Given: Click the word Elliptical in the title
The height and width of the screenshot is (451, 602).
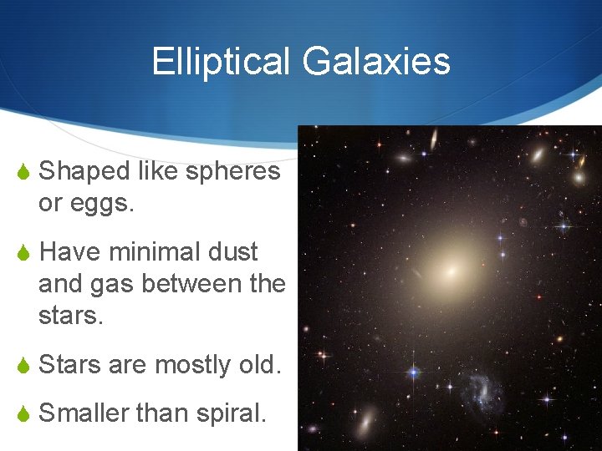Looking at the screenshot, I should [221, 61].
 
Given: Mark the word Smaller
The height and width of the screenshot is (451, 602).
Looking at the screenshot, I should [84, 412].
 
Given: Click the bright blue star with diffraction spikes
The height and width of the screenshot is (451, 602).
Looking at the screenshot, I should [411, 373].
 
